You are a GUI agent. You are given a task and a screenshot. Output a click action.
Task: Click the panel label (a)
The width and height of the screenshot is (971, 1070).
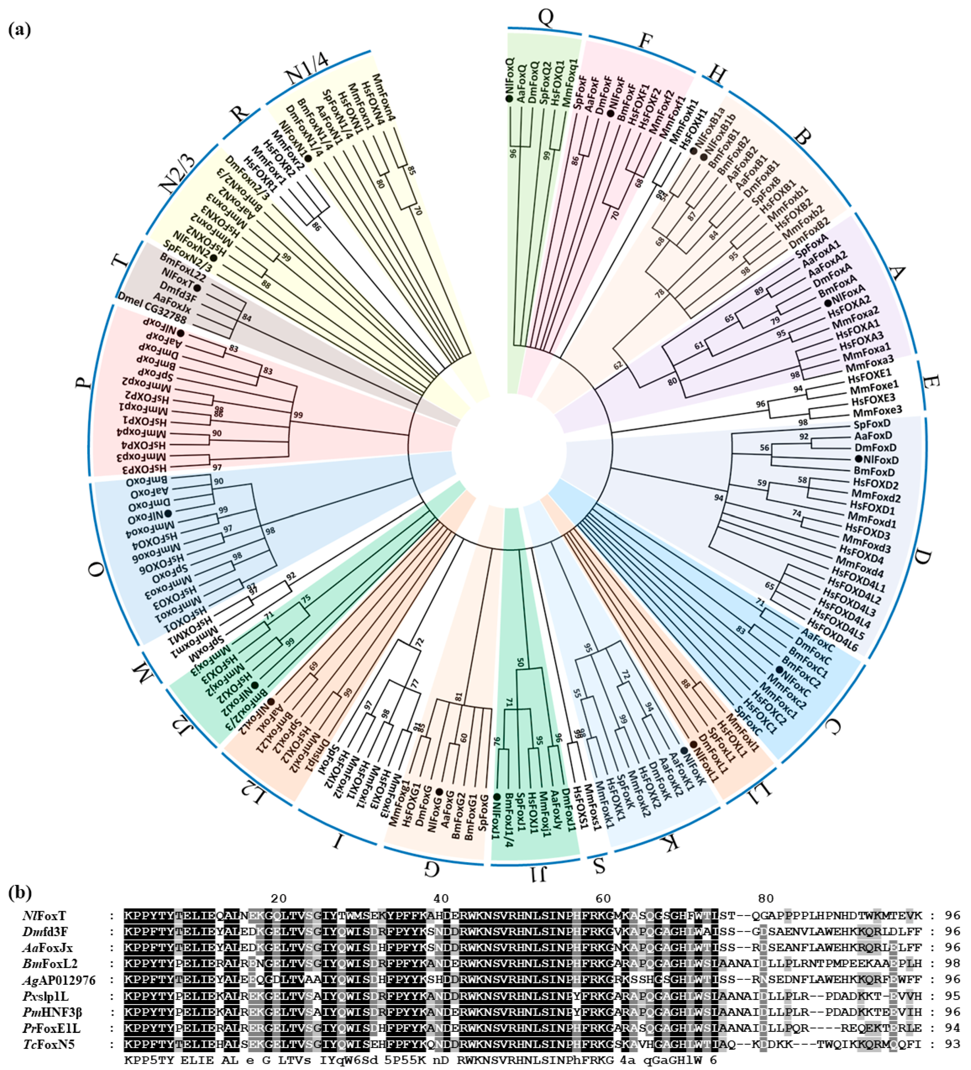pyautogui.click(x=20, y=30)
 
